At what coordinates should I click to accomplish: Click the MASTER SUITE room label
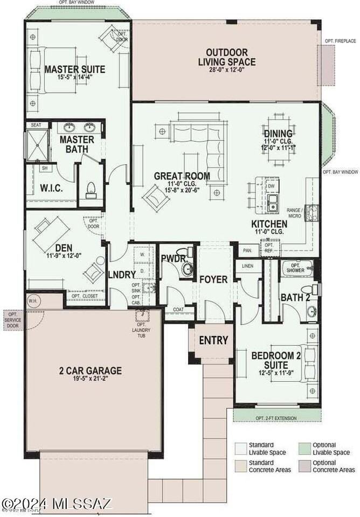(74, 69)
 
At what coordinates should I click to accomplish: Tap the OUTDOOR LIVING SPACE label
(226, 57)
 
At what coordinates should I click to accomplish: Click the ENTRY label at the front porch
(213, 340)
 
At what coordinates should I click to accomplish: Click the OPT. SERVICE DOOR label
(12, 318)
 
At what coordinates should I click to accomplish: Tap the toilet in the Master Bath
(91, 189)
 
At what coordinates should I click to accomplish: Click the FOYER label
(213, 280)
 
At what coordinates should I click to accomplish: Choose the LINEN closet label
(248, 266)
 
